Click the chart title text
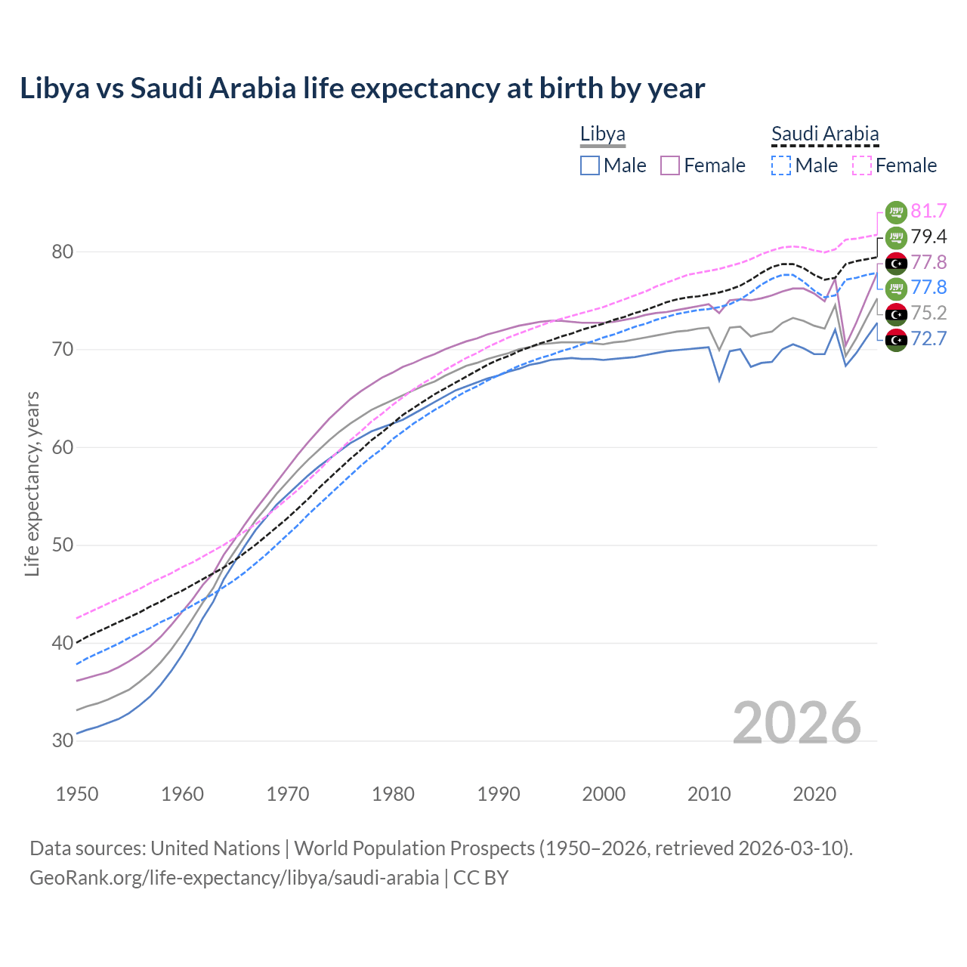point(362,88)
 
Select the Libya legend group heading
point(602,134)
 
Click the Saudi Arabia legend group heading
point(825,134)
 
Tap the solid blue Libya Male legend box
point(590,165)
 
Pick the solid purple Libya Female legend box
point(670,165)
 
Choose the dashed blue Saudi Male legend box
point(781,165)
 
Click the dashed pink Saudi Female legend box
point(862,165)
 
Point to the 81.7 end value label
point(928,212)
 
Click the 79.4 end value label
point(928,237)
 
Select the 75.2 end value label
point(928,313)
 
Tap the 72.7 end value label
point(928,338)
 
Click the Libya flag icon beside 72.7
point(896,339)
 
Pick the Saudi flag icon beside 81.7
point(896,212)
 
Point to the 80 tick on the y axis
point(63,252)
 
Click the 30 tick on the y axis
point(63,740)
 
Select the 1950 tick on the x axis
point(77,794)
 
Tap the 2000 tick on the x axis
point(604,794)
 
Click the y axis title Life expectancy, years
point(32,483)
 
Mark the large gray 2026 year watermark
point(796,723)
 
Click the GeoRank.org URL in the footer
point(234,878)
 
